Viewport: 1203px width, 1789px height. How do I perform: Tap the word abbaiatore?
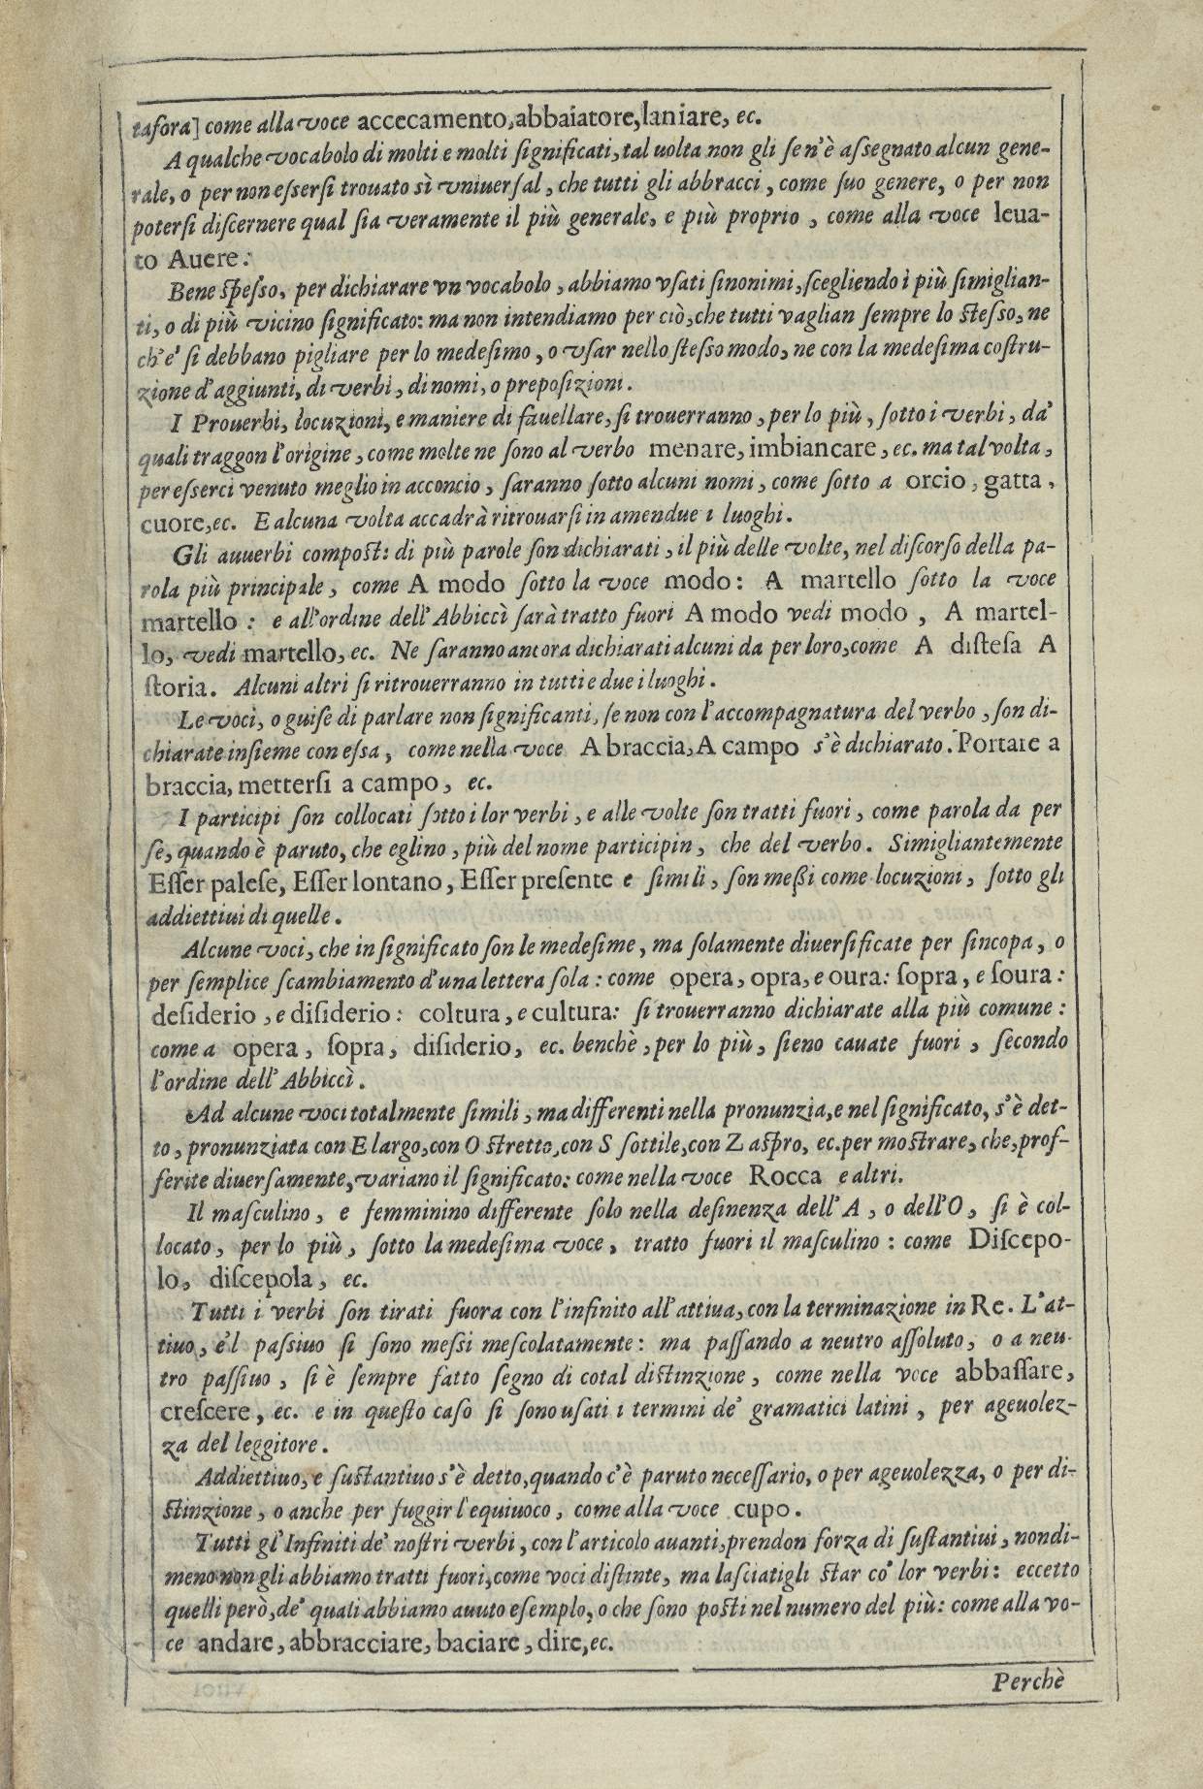click(569, 121)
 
